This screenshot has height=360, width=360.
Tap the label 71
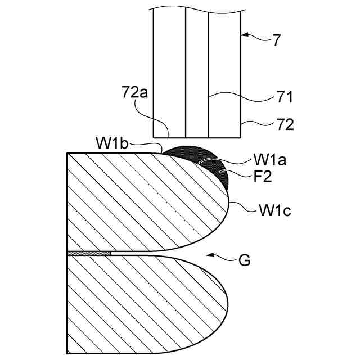[285, 98]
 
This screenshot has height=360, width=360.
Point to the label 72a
[135, 92]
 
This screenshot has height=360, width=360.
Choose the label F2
[262, 177]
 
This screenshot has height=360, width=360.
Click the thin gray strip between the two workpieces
[89, 253]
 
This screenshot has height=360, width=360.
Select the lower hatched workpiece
[141, 304]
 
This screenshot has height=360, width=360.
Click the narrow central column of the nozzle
[197, 73]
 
